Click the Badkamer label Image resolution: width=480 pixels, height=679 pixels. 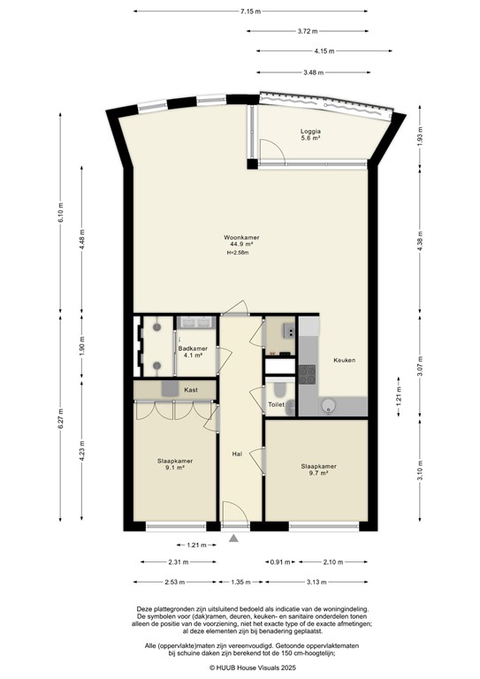tap(193, 352)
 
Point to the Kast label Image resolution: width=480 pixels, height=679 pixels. tap(190, 389)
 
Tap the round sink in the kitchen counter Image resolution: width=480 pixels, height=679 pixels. tap(328, 406)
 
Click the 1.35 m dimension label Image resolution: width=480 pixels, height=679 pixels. tap(240, 581)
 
